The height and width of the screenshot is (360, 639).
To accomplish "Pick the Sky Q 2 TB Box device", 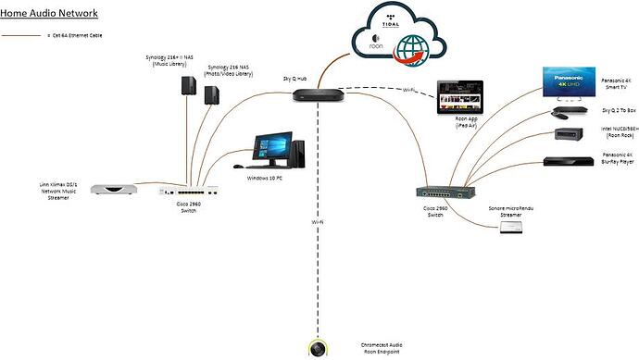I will pos(566,112).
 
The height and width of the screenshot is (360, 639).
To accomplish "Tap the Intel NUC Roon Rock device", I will pos(566,135).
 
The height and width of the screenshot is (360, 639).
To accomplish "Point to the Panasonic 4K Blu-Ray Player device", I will pos(566,162).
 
